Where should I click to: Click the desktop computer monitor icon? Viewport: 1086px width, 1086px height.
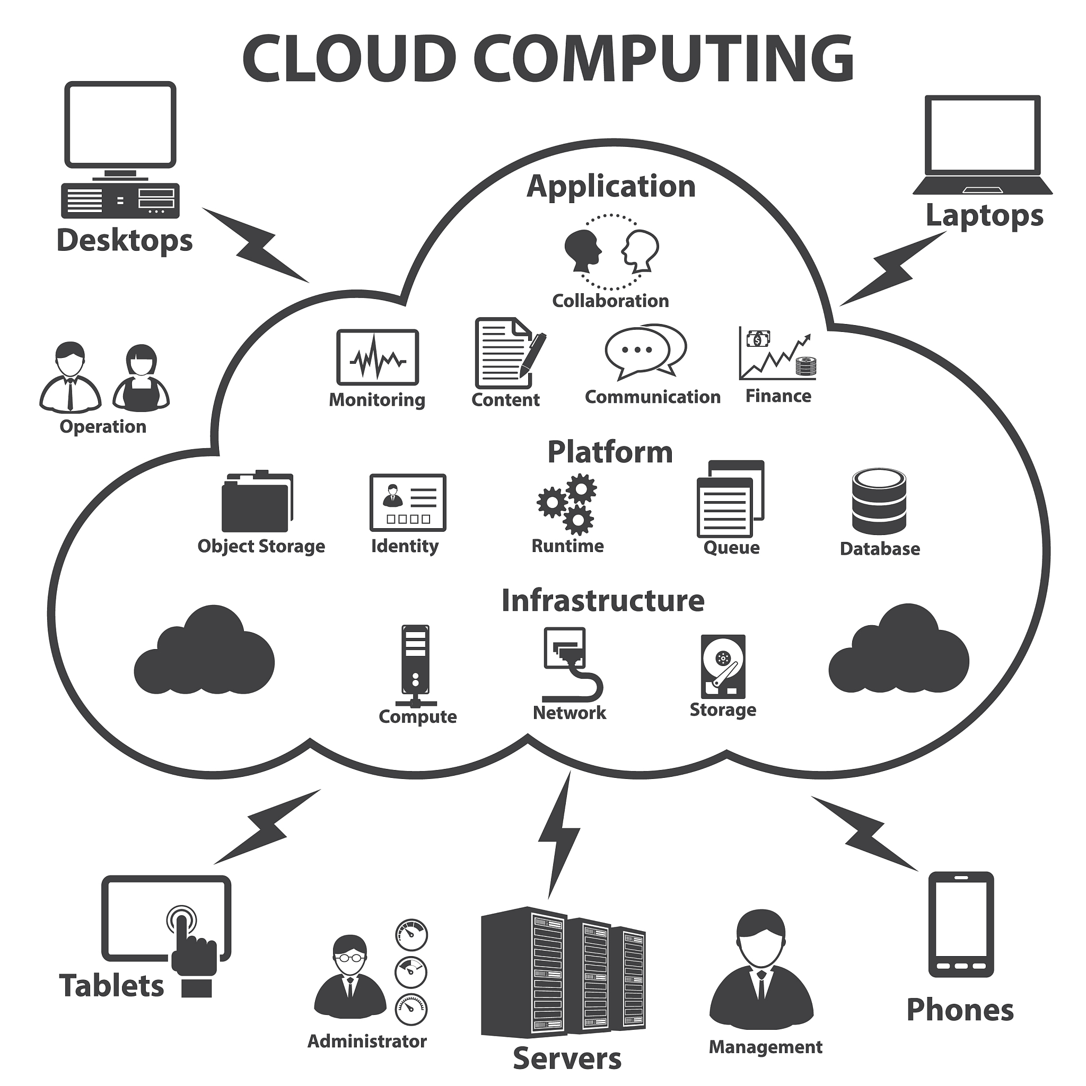[120, 125]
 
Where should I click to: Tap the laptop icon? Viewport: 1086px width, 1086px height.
[982, 145]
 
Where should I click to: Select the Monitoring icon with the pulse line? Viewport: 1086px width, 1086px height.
[377, 357]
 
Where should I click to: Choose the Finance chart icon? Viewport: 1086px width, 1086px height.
[777, 354]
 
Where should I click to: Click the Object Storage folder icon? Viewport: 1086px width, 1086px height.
[257, 502]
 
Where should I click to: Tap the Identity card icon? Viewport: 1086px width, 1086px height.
[408, 503]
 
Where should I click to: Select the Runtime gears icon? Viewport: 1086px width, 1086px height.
[567, 504]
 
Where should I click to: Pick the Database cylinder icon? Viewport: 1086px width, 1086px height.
[879, 502]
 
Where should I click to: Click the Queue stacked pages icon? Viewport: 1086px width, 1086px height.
[730, 499]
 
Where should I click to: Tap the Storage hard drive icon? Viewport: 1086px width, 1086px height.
[723, 667]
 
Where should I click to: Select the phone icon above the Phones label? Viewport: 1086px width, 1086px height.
[961, 925]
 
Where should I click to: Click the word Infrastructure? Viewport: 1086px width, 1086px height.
[602, 600]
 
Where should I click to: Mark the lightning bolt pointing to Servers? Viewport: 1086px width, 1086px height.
[559, 835]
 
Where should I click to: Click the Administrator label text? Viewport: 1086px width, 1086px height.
[367, 1040]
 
